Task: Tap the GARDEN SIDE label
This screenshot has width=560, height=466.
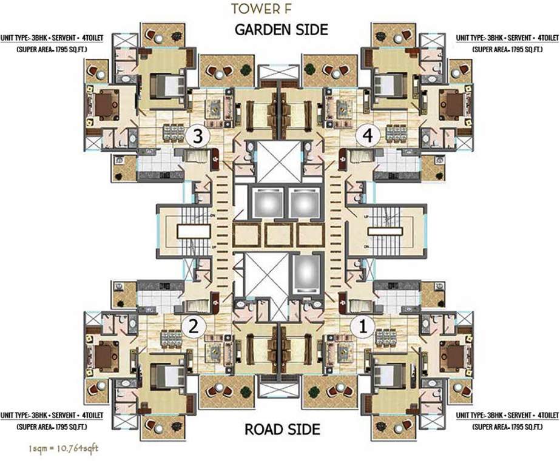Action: (281, 29)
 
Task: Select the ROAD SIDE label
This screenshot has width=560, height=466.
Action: (282, 430)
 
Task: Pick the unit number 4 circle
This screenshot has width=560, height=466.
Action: (366, 137)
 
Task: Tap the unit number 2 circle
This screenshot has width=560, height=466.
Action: (194, 327)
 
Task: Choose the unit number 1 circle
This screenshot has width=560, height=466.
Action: (363, 327)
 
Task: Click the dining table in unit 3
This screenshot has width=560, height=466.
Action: (172, 132)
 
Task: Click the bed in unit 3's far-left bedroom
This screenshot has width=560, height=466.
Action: (106, 105)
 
